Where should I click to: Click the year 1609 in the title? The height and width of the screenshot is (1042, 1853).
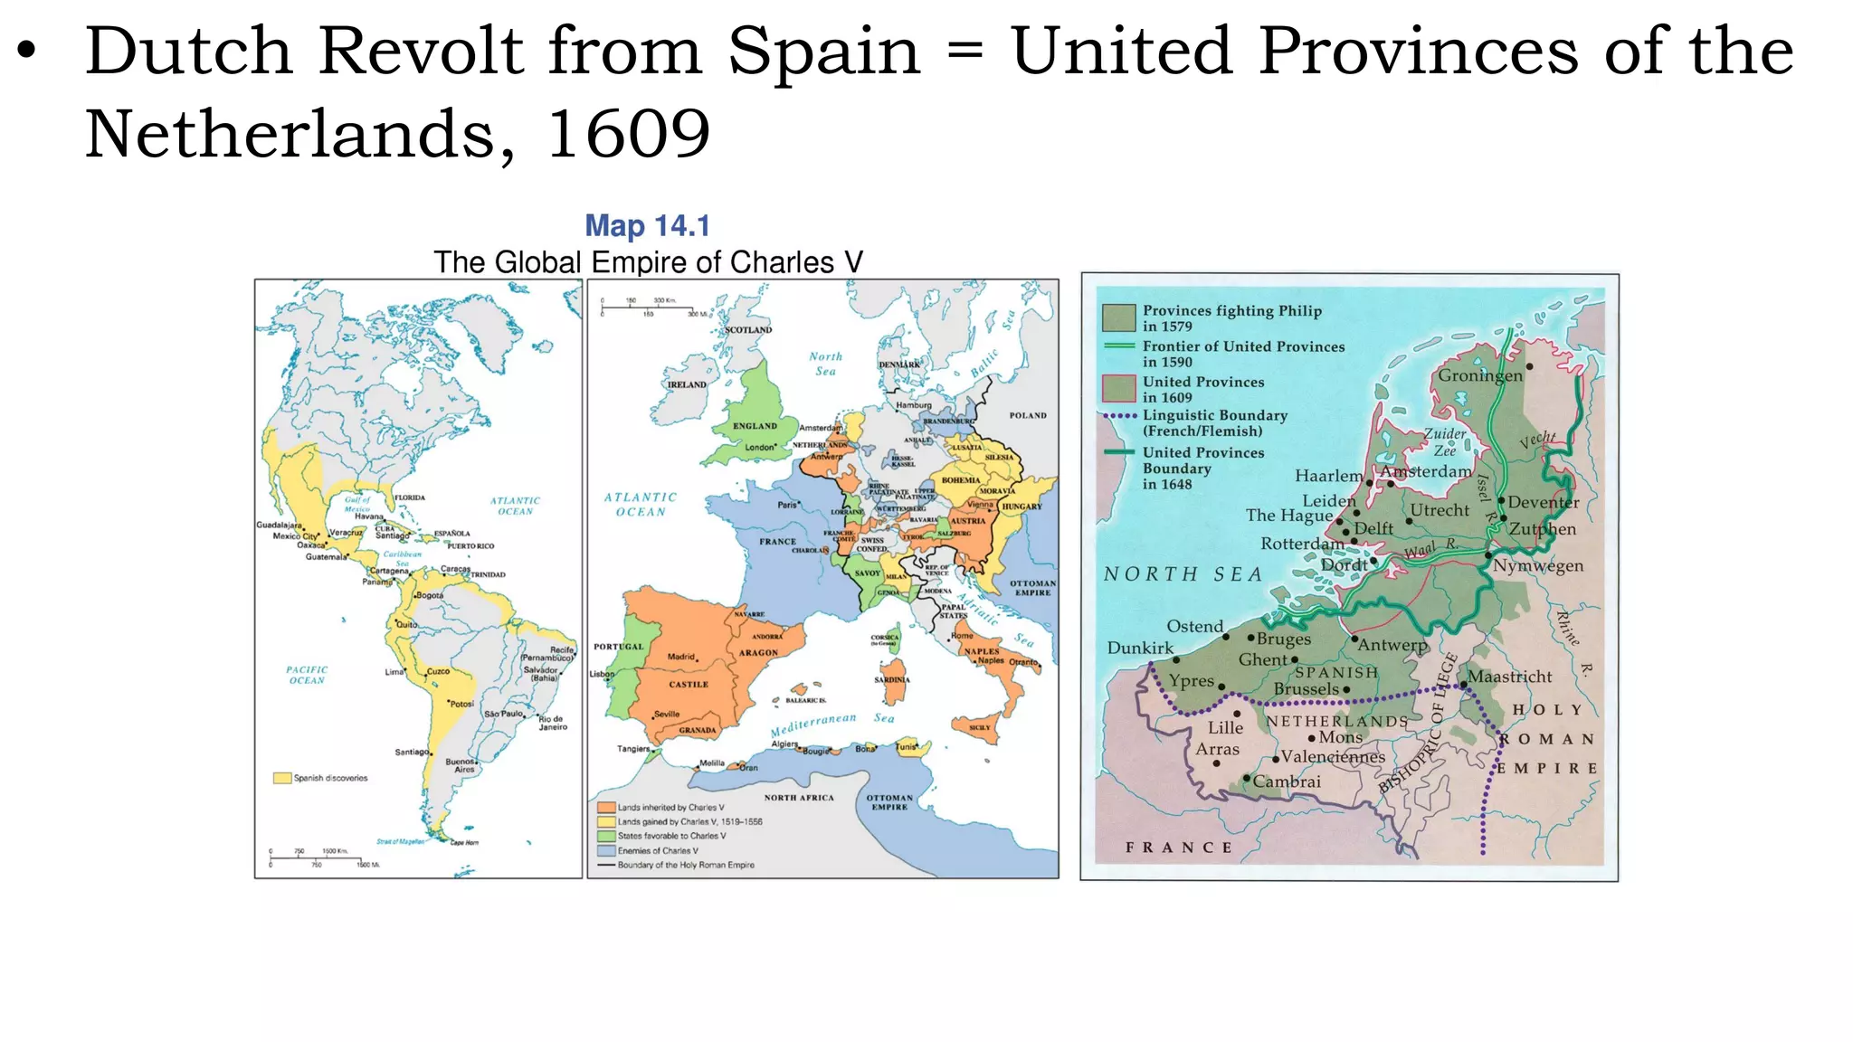pyautogui.click(x=628, y=134)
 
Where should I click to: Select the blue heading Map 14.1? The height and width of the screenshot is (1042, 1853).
pyautogui.click(x=647, y=225)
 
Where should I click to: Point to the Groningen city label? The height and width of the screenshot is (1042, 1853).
pyautogui.click(x=1480, y=375)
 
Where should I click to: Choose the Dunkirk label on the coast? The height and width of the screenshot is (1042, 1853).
pyautogui.click(x=1140, y=648)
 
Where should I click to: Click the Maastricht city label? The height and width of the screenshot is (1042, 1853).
pyautogui.click(x=1509, y=677)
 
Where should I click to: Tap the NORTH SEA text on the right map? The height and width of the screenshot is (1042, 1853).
pyautogui.click(x=1183, y=574)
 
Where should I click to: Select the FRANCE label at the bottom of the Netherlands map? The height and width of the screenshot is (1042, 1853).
pyautogui.click(x=1179, y=848)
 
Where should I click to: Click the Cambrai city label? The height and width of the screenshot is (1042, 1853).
pyautogui.click(x=1287, y=781)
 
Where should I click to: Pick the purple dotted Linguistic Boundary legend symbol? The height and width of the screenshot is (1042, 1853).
pyautogui.click(x=1119, y=416)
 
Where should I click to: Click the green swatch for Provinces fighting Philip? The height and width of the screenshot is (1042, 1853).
pyautogui.click(x=1118, y=317)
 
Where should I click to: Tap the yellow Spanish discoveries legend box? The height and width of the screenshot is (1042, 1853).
pyautogui.click(x=282, y=778)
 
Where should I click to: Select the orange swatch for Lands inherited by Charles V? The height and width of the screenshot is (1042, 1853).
pyautogui.click(x=606, y=808)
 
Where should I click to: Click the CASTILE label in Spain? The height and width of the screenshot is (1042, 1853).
pyautogui.click(x=689, y=685)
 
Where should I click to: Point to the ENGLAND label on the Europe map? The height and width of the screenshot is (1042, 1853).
pyautogui.click(x=755, y=426)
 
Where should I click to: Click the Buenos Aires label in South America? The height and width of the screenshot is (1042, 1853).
pyautogui.click(x=461, y=765)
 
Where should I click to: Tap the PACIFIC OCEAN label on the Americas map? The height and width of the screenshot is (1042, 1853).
pyautogui.click(x=307, y=675)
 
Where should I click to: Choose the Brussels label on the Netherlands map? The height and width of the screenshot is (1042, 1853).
pyautogui.click(x=1306, y=689)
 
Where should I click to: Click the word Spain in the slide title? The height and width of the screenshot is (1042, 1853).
pyautogui.click(x=823, y=52)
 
